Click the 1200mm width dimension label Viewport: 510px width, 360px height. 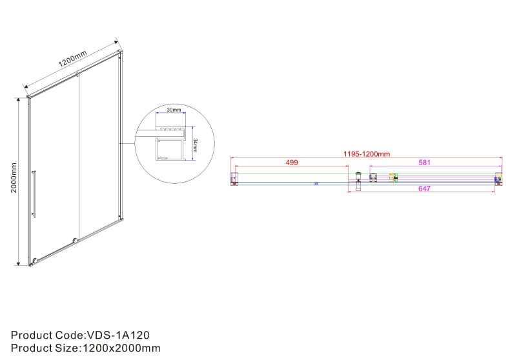tap(72, 63)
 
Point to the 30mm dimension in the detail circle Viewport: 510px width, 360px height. tap(173, 110)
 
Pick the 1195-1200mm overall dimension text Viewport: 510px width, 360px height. tap(365, 154)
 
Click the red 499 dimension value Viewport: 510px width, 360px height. tap(292, 163)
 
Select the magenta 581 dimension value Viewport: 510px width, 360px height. tap(424, 163)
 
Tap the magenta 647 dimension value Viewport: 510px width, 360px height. tap(424, 189)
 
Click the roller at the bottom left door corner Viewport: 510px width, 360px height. tap(34, 262)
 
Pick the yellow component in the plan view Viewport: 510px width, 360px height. tap(391, 177)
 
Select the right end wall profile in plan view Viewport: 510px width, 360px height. tap(498, 179)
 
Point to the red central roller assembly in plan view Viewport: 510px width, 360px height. tap(359, 178)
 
